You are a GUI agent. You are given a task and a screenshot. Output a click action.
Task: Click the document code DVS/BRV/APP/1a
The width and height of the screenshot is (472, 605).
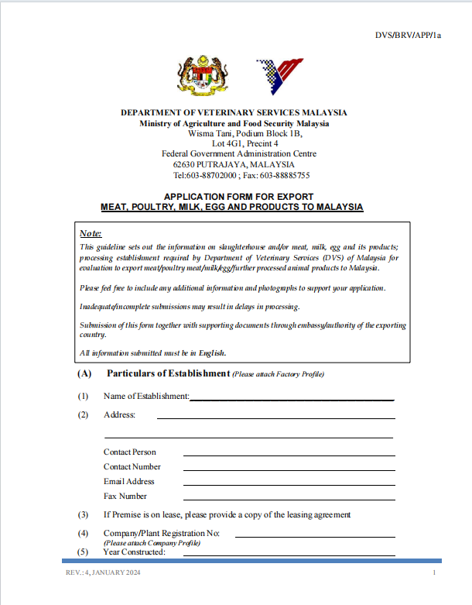tap(408, 36)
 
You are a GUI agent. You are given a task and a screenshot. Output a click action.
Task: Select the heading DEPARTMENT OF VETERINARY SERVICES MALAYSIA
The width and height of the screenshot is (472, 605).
tap(234, 112)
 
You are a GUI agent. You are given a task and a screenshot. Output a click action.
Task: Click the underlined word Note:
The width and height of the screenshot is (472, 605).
tap(91, 233)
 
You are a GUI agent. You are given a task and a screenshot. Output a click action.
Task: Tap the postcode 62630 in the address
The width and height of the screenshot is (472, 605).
tap(186, 164)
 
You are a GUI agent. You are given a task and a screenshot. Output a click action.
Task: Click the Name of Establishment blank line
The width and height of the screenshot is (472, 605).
tap(292, 399)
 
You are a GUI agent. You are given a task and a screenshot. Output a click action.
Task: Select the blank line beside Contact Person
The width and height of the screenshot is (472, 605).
tap(289, 455)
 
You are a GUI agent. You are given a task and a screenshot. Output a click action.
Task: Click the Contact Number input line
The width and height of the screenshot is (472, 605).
tap(289, 469)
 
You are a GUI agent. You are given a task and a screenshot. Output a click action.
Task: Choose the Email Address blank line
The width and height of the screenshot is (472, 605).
tap(289, 484)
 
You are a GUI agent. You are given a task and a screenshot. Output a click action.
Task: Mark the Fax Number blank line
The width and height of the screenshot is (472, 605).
tap(289, 499)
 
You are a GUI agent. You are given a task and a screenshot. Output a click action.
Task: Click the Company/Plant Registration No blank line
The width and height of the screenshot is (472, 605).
tap(314, 536)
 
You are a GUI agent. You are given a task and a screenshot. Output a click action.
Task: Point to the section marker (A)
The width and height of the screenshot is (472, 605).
tap(84, 373)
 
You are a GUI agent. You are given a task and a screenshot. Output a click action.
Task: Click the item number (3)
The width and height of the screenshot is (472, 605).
tap(83, 514)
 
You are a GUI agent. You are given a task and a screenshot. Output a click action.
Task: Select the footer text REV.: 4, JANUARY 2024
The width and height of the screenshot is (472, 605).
tap(102, 572)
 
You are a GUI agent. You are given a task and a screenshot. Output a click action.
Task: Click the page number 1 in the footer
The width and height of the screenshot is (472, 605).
tap(435, 572)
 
